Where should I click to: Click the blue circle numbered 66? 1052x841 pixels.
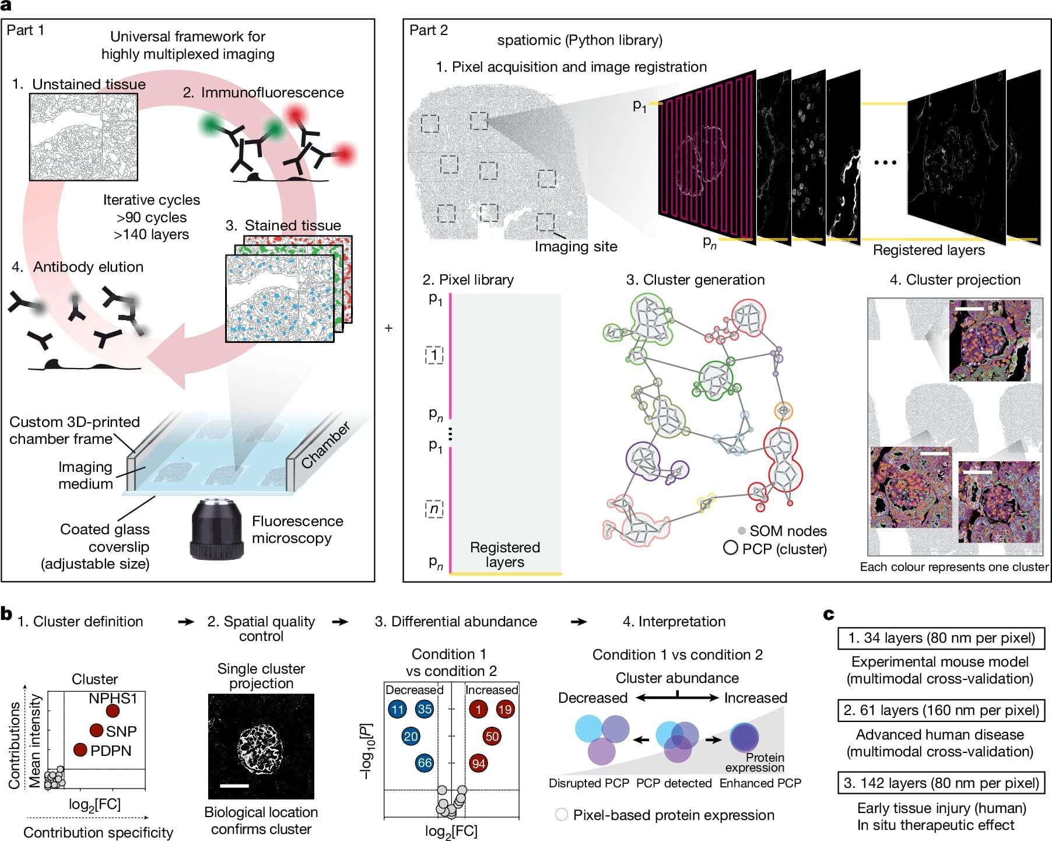[x=425, y=763]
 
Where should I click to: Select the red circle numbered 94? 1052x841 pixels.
[x=479, y=763]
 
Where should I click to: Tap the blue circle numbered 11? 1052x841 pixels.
[x=398, y=709]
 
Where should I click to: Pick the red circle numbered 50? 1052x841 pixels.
[x=492, y=736]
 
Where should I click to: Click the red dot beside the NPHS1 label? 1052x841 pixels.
[x=113, y=711]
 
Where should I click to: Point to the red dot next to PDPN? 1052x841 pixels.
[x=80, y=749]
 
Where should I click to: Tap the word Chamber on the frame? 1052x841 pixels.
[x=325, y=444]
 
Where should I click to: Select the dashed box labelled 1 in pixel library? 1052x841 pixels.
[x=434, y=355]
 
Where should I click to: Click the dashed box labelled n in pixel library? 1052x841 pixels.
[x=434, y=509]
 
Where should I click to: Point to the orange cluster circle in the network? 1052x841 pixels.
[x=784, y=411]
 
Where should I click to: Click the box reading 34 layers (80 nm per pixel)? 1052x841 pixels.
[x=941, y=638]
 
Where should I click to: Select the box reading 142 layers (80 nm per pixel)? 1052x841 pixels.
[x=941, y=783]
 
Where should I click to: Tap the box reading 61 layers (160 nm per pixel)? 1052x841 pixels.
[x=941, y=710]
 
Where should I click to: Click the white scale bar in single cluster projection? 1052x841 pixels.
[x=234, y=786]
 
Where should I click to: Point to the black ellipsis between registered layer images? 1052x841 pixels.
[x=885, y=163]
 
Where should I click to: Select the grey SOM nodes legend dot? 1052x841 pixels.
[x=742, y=531]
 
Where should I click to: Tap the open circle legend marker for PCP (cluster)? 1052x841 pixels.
[x=731, y=548]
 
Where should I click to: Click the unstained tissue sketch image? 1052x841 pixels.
[x=83, y=137]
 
